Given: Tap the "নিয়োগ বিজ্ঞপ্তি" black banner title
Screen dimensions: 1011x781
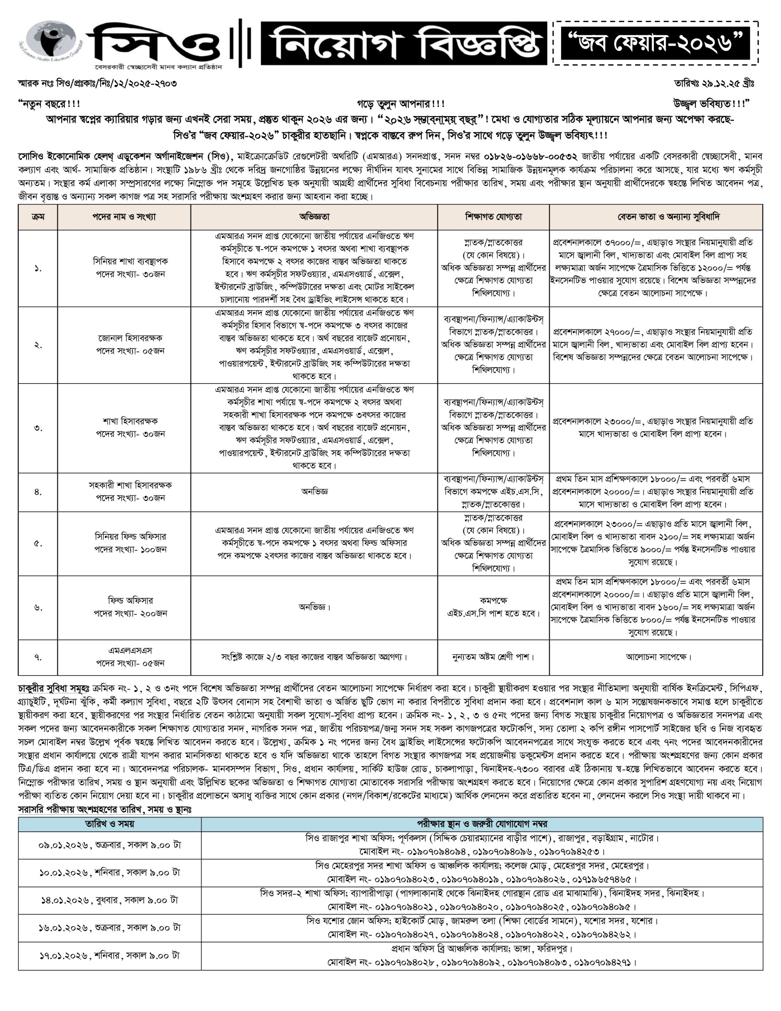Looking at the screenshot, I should coord(404,43).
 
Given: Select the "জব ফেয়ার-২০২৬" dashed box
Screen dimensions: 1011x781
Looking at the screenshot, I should coord(655,43).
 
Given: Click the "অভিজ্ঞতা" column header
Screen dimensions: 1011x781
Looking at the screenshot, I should coord(314,217).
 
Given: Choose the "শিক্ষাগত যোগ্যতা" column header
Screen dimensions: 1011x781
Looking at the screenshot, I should coord(494,217).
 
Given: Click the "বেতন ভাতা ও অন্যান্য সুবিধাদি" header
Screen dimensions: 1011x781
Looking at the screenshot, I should coord(656,217).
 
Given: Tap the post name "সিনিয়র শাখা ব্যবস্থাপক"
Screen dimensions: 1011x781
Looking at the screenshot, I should coord(130,261).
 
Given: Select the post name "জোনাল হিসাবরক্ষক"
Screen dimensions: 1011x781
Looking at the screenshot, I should coord(130,338).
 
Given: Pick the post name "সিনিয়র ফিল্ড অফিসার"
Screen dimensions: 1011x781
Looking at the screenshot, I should coord(130,537).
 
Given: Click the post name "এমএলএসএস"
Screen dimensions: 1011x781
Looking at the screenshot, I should coord(130,650).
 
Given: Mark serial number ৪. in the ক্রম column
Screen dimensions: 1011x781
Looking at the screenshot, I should coord(38,492).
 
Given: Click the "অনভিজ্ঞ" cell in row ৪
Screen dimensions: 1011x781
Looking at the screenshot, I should coord(314,492).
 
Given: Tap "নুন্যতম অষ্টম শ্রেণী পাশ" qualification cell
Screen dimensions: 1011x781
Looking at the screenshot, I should coord(494,657).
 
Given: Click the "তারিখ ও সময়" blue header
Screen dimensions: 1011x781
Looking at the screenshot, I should coord(110,824).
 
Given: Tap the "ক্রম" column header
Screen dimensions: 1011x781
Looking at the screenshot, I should coord(38,217).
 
